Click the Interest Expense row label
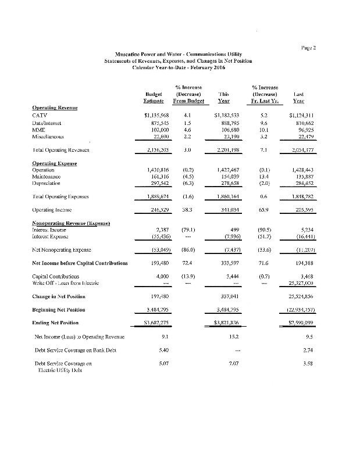51,239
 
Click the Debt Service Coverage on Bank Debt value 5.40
164,350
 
